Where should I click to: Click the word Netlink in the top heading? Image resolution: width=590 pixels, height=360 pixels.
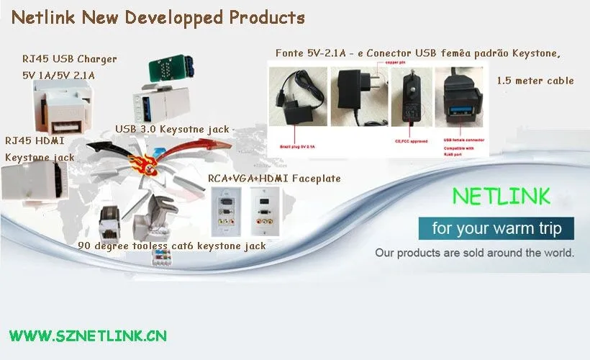(44, 18)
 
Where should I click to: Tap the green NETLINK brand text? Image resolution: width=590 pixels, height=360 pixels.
(501, 197)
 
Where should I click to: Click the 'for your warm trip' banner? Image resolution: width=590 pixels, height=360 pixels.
(496, 230)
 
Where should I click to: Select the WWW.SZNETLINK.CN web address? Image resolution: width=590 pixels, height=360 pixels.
(88, 336)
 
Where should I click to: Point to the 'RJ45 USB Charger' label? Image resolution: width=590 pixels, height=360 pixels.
(69, 58)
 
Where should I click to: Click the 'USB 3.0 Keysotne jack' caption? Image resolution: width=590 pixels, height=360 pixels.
(172, 130)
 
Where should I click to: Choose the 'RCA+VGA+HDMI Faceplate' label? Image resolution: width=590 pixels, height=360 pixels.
(274, 178)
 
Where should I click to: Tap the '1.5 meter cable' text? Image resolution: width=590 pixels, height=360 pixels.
(535, 81)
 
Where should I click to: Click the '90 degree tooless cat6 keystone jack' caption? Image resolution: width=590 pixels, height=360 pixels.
(172, 246)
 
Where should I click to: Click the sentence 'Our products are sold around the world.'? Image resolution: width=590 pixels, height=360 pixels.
(474, 253)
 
